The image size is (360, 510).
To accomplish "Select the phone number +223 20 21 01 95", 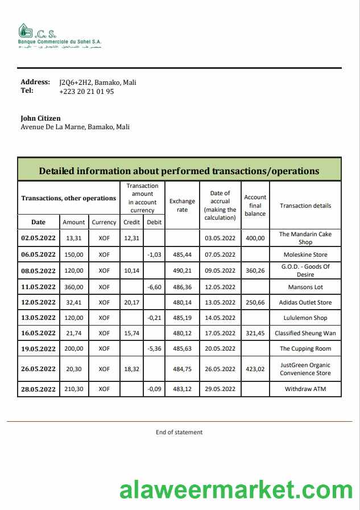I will click(86, 91).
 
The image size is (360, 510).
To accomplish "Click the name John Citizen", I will click(40, 118).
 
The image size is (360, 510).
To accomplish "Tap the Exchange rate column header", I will click(182, 205).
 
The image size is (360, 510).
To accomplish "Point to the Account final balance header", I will click(255, 205).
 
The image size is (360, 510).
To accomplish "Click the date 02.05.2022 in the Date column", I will click(38, 238).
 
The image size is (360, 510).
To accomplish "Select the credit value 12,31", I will click(132, 238).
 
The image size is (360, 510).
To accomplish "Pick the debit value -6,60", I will click(154, 287).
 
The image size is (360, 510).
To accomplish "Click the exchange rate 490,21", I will click(182, 271).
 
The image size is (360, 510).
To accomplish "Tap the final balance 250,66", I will click(255, 302).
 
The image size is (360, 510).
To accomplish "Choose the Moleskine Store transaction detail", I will click(305, 254).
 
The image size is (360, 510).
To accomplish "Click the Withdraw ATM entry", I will click(305, 389).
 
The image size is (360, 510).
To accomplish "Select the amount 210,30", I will click(74, 389).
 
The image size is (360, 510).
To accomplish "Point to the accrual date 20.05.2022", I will click(220, 348).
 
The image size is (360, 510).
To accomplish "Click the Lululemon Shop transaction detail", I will click(305, 318).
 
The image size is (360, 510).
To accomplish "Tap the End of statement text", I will click(179, 432).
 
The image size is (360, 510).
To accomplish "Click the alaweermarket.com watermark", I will click(235, 490).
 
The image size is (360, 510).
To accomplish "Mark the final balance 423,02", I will click(255, 369).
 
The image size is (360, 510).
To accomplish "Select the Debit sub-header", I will click(154, 222).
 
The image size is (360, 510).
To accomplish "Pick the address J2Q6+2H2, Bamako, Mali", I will click(97, 82).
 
